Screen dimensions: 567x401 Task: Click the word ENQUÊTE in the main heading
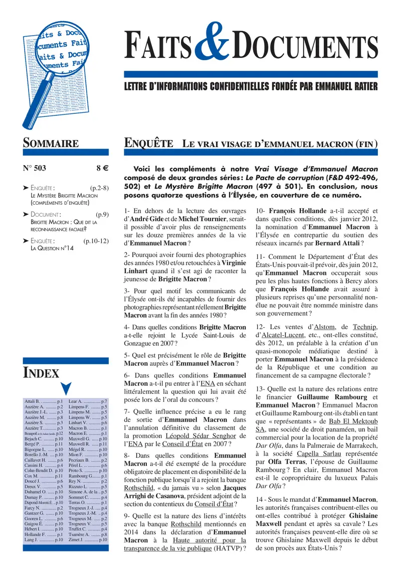coord(148,143)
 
